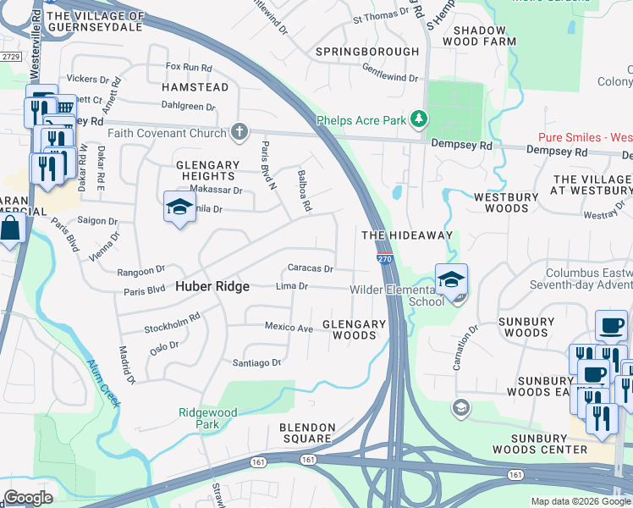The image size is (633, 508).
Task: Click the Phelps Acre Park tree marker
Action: point(417,119)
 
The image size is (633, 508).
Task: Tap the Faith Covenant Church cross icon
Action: point(240,130)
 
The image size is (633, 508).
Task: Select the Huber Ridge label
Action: point(212,286)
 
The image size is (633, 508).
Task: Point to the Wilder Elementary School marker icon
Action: point(451,279)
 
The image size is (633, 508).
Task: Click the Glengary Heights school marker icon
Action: point(179,207)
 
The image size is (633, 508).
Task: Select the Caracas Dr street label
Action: point(311,268)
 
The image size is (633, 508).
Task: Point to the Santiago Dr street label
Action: point(256,362)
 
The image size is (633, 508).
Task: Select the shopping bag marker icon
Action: point(9,229)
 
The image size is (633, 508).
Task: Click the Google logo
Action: point(28,498)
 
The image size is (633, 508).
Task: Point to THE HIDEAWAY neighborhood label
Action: point(407,235)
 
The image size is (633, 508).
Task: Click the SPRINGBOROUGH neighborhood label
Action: point(367,52)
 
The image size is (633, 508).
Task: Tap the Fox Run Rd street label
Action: point(188,66)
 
